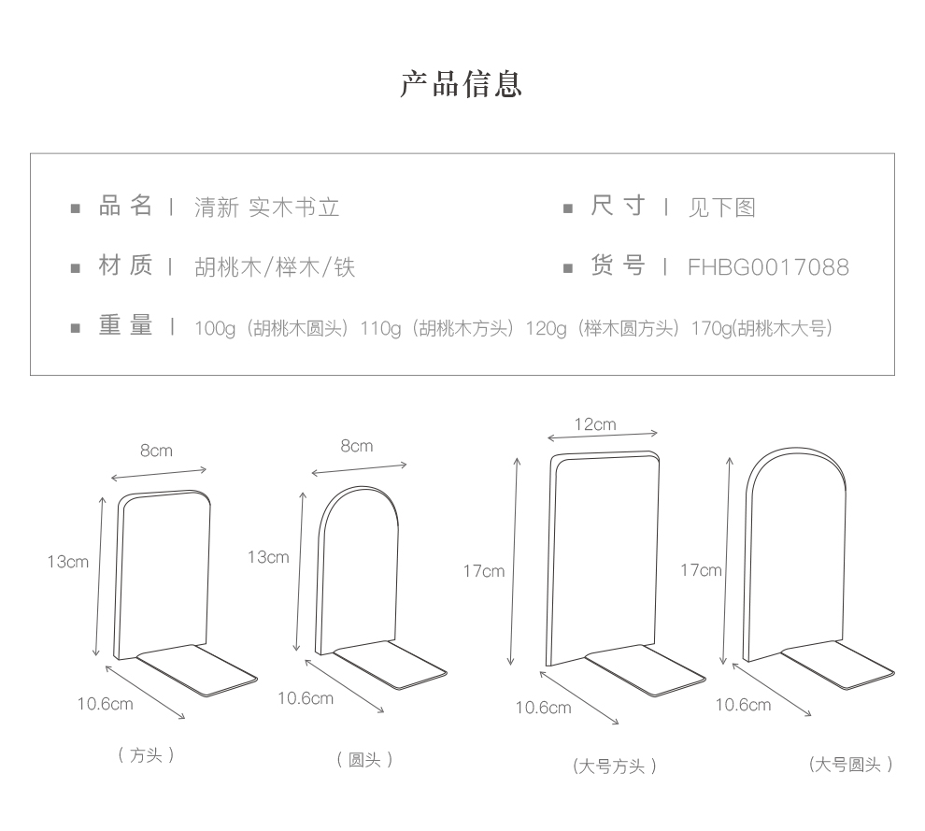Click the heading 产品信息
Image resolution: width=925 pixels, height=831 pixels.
(462, 84)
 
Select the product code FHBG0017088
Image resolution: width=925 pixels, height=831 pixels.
(768, 268)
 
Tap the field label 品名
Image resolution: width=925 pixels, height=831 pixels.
(126, 207)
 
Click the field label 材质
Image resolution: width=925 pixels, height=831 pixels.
(126, 267)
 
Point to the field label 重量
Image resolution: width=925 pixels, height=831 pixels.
(126, 327)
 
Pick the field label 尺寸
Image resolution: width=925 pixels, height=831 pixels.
(618, 207)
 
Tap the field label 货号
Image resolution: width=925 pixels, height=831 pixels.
(618, 267)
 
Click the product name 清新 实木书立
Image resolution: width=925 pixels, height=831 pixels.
(266, 208)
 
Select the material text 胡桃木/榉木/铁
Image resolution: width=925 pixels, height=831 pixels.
(275, 268)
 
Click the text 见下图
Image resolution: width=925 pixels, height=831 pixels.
(721, 208)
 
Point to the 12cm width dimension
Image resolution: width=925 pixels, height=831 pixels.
(595, 424)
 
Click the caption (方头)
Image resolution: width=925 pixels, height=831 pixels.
(147, 755)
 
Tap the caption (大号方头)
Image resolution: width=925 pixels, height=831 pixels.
(615, 767)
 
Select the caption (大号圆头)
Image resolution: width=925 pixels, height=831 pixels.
(850, 765)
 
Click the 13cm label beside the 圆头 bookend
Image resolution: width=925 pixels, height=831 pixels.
(268, 557)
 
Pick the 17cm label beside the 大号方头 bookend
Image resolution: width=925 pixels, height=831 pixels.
(484, 570)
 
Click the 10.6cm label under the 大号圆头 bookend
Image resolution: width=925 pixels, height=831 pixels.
(744, 705)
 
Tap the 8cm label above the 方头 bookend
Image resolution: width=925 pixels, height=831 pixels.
(156, 451)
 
